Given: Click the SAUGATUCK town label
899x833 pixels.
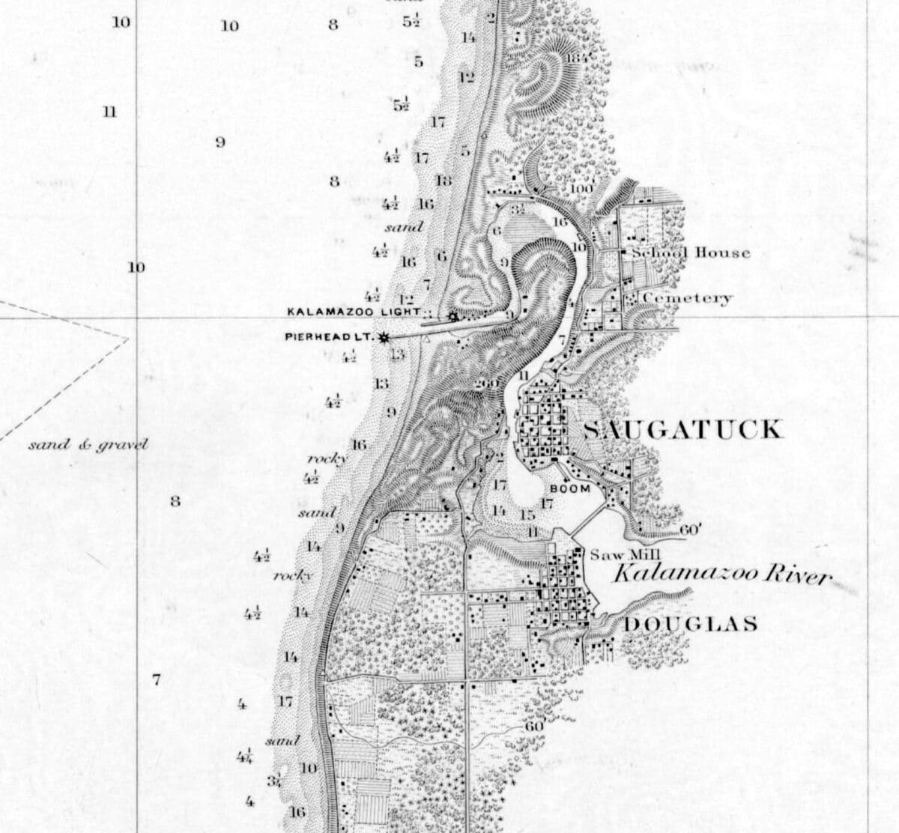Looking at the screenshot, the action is (682, 429).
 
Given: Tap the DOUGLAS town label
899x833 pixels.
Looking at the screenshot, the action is (690, 624).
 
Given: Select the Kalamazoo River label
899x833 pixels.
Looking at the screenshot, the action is (722, 575).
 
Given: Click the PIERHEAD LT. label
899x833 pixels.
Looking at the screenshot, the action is (328, 337).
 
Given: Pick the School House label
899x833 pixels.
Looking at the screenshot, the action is (690, 252).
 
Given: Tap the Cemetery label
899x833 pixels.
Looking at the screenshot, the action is (687, 298).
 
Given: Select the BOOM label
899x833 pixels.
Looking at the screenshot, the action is (570, 488).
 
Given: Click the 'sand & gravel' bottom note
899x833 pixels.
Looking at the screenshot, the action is (88, 445).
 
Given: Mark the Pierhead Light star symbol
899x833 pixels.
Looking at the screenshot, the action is (384, 338).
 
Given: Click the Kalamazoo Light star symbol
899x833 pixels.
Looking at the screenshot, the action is (452, 317).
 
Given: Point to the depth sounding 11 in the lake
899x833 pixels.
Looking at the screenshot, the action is (109, 112).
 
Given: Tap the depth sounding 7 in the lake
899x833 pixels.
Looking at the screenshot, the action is (156, 680).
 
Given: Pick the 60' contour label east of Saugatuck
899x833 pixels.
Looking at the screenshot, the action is (690, 530).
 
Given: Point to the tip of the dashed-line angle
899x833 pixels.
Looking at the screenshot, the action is (128, 338).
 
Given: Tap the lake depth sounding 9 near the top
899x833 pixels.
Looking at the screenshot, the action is (220, 142).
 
